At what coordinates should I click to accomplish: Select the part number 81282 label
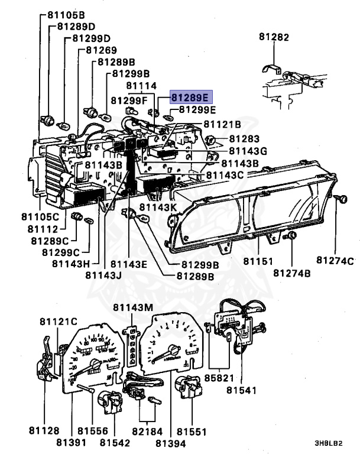274,37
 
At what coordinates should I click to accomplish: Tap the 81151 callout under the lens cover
258,261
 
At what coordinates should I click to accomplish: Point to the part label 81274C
335,261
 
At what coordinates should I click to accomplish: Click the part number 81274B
292,273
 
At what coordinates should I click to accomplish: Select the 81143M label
133,307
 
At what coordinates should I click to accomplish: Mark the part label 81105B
66,14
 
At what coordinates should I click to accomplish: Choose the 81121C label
59,321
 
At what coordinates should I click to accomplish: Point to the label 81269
101,50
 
